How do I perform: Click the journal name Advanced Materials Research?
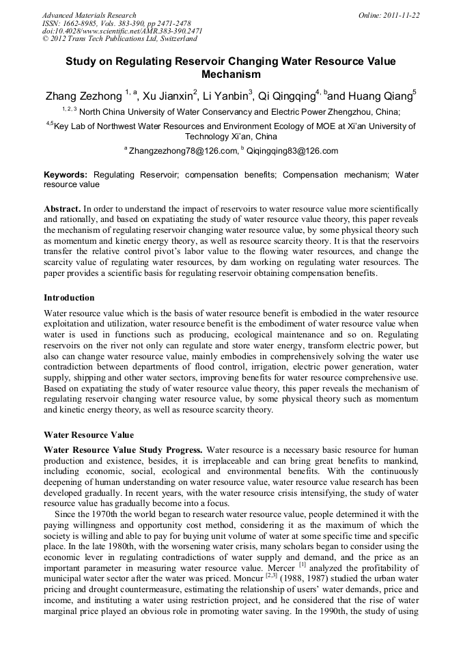pyautogui.click(x=89, y=15)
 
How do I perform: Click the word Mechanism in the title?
pyautogui.click(x=231, y=74)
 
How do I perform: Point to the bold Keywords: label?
pyautogui.click(x=66, y=175)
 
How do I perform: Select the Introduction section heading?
pyautogui.click(x=69, y=298)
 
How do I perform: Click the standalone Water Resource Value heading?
pyautogui.click(x=89, y=434)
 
